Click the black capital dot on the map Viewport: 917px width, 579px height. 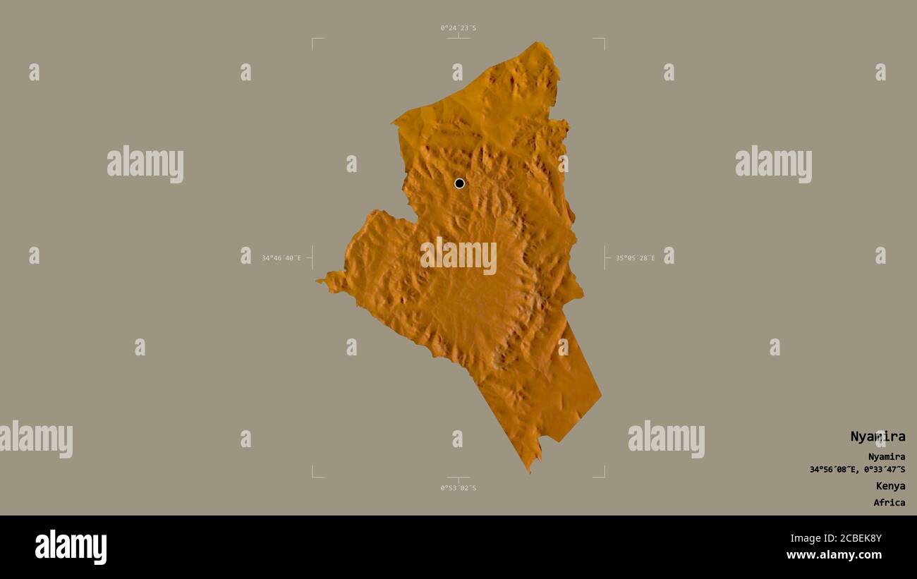[460, 183]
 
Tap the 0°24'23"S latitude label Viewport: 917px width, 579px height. [458, 28]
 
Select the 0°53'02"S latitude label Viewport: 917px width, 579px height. [458, 488]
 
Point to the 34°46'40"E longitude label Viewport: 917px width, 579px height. [281, 258]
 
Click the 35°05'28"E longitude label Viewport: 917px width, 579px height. [635, 258]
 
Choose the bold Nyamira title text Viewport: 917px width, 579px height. [877, 437]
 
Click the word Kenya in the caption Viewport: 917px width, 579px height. [890, 486]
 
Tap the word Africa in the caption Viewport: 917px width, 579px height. [889, 503]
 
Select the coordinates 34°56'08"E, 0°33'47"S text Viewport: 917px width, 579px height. [857, 470]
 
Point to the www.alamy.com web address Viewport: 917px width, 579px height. [834, 555]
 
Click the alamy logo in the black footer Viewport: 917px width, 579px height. [71, 547]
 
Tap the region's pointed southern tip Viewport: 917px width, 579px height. [529, 470]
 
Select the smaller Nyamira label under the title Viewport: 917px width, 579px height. [886, 457]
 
